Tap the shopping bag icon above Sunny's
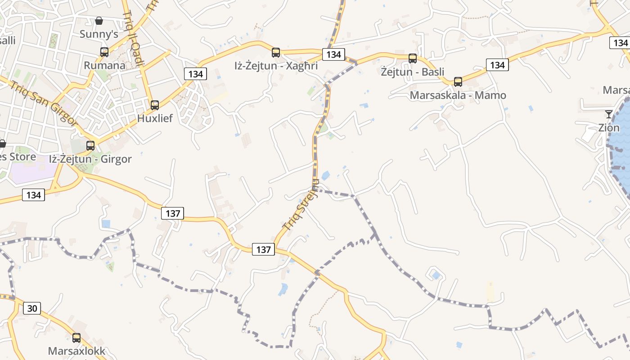tap(99, 21)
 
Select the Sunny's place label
tap(99, 34)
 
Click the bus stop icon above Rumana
tap(104, 52)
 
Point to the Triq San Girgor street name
tap(44, 103)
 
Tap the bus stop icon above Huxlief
tap(155, 105)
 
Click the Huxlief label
tap(155, 119)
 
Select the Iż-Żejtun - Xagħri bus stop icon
tap(276, 53)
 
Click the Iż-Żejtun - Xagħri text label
tap(276, 66)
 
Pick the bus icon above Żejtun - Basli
tap(413, 58)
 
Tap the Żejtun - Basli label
tap(413, 72)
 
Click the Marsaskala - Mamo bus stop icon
tap(458, 82)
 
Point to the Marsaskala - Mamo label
tap(458, 95)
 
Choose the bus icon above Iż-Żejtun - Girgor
tap(90, 146)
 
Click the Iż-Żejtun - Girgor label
tap(90, 159)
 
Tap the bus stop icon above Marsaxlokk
tap(76, 338)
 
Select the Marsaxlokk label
tap(76, 351)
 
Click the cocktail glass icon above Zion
tap(609, 114)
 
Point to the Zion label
tap(609, 128)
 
